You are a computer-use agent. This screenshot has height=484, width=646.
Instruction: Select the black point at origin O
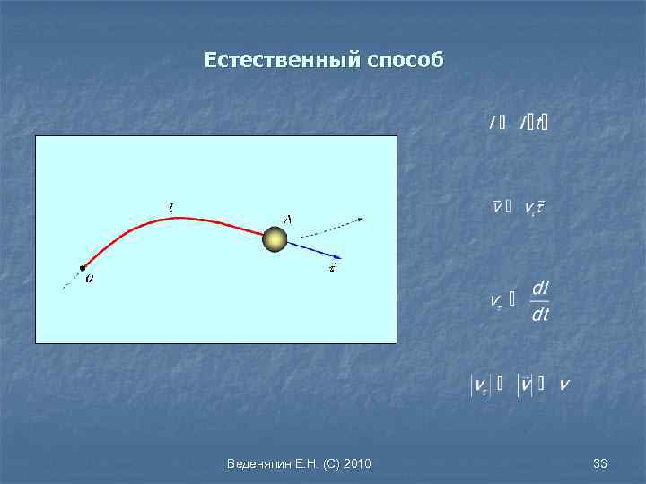[82, 267]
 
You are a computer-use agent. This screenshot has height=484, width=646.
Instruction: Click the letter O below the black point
[88, 279]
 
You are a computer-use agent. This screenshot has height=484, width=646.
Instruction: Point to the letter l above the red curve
[171, 208]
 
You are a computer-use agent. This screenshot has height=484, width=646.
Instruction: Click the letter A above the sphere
[287, 219]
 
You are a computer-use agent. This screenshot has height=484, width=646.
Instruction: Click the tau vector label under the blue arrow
[333, 267]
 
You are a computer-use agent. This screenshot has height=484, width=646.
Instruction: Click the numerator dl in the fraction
[540, 289]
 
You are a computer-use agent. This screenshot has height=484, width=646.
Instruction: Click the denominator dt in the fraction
[540, 315]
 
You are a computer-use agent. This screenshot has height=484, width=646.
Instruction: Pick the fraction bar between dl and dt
[540, 301]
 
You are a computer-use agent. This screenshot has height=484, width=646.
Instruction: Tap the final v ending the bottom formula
[563, 385]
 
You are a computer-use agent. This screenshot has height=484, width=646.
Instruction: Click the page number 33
[600, 463]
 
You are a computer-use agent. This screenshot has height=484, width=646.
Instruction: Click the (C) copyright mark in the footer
[331, 463]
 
